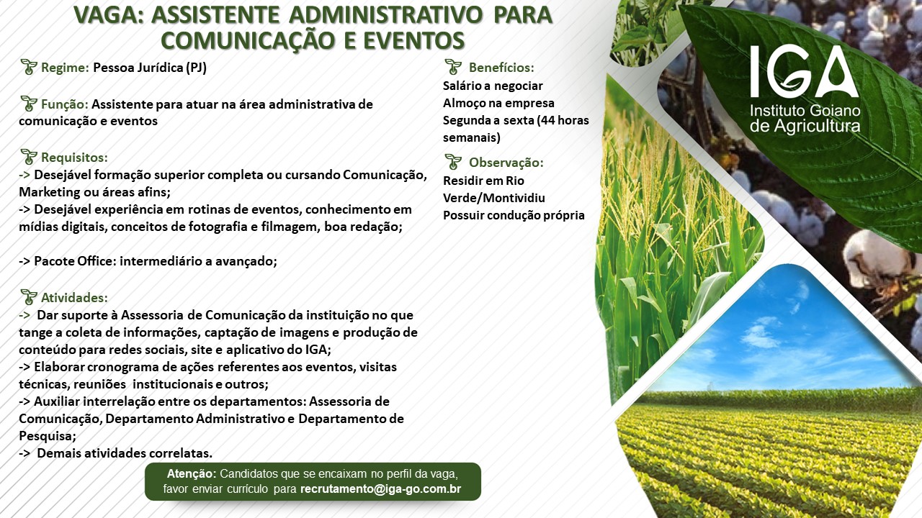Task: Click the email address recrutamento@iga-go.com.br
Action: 381,489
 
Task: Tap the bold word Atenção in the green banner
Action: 192,473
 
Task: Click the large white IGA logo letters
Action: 805,71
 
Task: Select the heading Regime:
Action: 65,68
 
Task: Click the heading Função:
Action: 65,104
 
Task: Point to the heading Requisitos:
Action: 74,158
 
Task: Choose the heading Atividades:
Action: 74,298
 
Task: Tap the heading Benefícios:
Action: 501,68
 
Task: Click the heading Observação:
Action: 506,163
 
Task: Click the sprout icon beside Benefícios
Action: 453,67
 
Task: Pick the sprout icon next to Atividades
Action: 29,297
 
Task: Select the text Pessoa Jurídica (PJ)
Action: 150,68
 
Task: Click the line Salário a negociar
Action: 493,86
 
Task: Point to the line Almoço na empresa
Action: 498,103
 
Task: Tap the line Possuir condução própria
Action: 514,215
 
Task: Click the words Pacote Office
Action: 76,261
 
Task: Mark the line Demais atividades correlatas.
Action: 125,453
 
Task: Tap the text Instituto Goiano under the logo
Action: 805,111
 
